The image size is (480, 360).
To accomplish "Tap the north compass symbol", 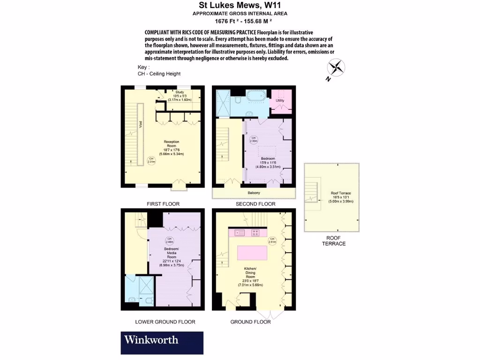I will click(336, 68).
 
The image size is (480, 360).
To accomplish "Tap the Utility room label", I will click(280, 101).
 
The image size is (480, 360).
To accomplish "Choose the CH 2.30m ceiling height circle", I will click(254, 139).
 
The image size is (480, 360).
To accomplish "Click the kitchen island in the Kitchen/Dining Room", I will click(252, 253).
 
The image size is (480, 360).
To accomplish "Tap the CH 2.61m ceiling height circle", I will click(271, 241).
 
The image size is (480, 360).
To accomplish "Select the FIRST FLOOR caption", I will click(163, 204).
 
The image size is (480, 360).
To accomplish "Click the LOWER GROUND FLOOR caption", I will click(165, 322).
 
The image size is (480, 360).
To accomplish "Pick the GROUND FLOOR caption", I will click(250, 322).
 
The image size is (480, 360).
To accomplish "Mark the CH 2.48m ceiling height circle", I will click(169, 240).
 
